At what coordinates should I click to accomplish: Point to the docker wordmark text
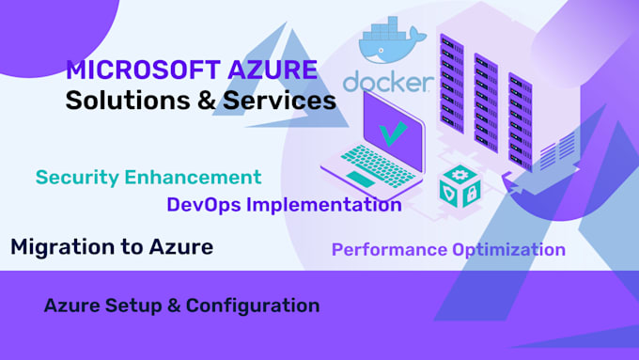[388, 82]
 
